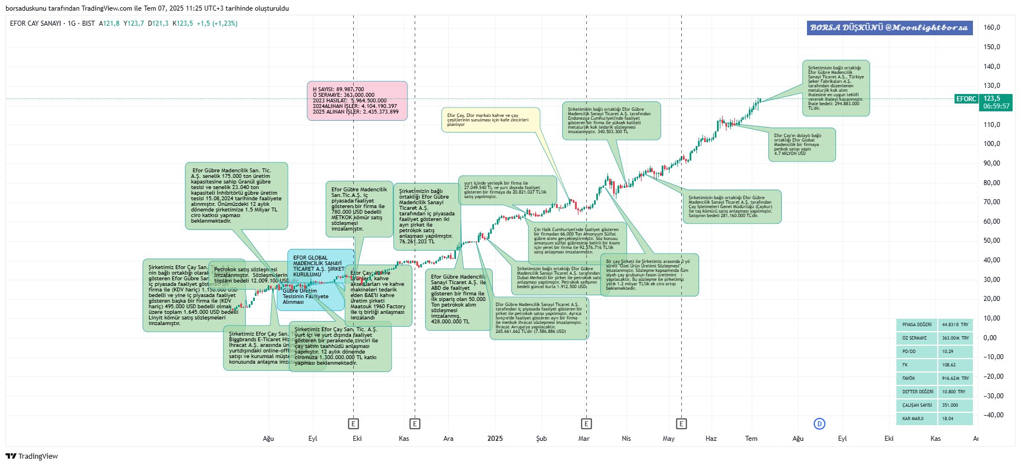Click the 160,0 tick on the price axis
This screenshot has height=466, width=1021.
tap(991, 27)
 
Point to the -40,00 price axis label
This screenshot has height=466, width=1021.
tap(992, 415)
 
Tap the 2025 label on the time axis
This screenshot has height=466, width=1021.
tap(495, 439)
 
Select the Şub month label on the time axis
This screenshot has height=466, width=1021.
tap(541, 439)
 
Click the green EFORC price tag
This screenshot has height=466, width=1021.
tap(966, 99)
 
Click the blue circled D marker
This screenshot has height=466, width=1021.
tap(819, 423)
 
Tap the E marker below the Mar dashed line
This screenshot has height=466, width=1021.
tap(586, 423)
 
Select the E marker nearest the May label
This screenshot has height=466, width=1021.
tap(681, 423)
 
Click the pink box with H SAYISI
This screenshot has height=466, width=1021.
tap(357, 101)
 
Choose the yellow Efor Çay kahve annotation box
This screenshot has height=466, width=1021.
tap(490, 120)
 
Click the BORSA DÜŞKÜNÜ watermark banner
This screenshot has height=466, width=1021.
tap(889, 27)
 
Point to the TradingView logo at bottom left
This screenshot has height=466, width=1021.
tap(32, 456)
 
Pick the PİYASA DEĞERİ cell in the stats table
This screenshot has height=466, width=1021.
tap(916, 324)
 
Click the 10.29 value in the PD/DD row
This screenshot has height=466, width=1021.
tap(954, 351)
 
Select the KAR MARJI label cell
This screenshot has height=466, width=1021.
tap(916, 418)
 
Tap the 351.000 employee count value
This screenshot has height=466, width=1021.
tap(954, 405)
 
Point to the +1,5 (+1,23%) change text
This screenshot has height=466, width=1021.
tap(217, 23)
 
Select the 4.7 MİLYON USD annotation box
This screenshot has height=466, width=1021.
tap(802, 144)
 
